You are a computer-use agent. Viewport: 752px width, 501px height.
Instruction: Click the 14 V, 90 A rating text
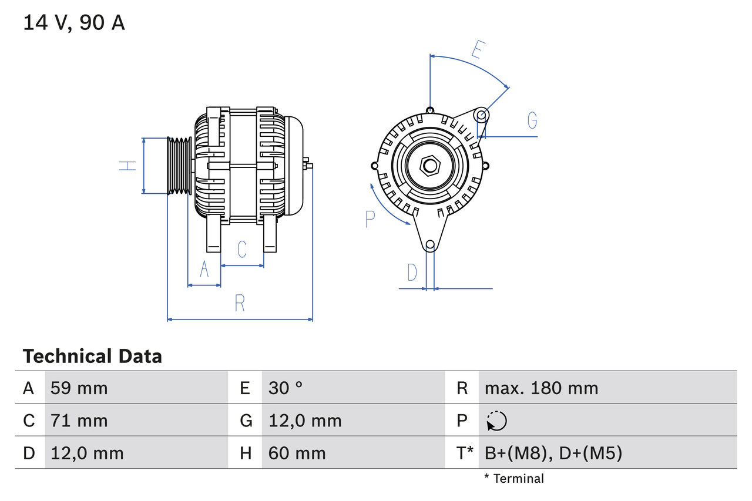pyautogui.click(x=74, y=23)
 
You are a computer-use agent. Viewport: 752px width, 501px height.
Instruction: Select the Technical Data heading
pyautogui.click(x=92, y=356)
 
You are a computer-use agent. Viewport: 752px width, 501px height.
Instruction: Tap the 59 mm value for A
pyautogui.click(x=79, y=388)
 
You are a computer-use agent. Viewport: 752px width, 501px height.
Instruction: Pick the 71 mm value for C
pyautogui.click(x=79, y=421)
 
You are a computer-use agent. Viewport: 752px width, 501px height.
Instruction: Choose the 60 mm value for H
pyautogui.click(x=297, y=453)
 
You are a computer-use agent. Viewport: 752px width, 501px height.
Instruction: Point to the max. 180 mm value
pyautogui.click(x=541, y=388)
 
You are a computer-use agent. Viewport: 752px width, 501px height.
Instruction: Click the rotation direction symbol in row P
pyautogui.click(x=496, y=421)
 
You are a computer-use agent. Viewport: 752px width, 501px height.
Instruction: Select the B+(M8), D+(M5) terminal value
pyautogui.click(x=553, y=453)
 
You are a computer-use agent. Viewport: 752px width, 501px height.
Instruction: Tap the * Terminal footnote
pyautogui.click(x=514, y=479)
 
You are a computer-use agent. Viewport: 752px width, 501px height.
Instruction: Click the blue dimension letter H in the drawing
pyautogui.click(x=127, y=166)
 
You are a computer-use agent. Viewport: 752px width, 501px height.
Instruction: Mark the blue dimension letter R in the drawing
pyautogui.click(x=239, y=303)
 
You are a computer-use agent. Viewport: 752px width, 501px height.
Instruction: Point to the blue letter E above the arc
pyautogui.click(x=477, y=50)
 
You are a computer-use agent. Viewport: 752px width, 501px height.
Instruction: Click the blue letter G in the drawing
pyautogui.click(x=532, y=120)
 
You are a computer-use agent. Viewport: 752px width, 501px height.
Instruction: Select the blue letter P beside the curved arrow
pyautogui.click(x=370, y=218)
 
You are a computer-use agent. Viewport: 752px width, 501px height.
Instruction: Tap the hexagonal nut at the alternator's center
pyautogui.click(x=430, y=166)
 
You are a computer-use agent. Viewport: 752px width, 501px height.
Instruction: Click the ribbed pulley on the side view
pyautogui.click(x=180, y=166)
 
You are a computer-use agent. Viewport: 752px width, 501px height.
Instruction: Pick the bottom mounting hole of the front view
pyautogui.click(x=430, y=244)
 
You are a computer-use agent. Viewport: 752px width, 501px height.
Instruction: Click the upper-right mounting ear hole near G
pyautogui.click(x=481, y=114)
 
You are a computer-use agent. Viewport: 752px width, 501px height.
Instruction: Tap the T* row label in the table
pyautogui.click(x=465, y=453)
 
